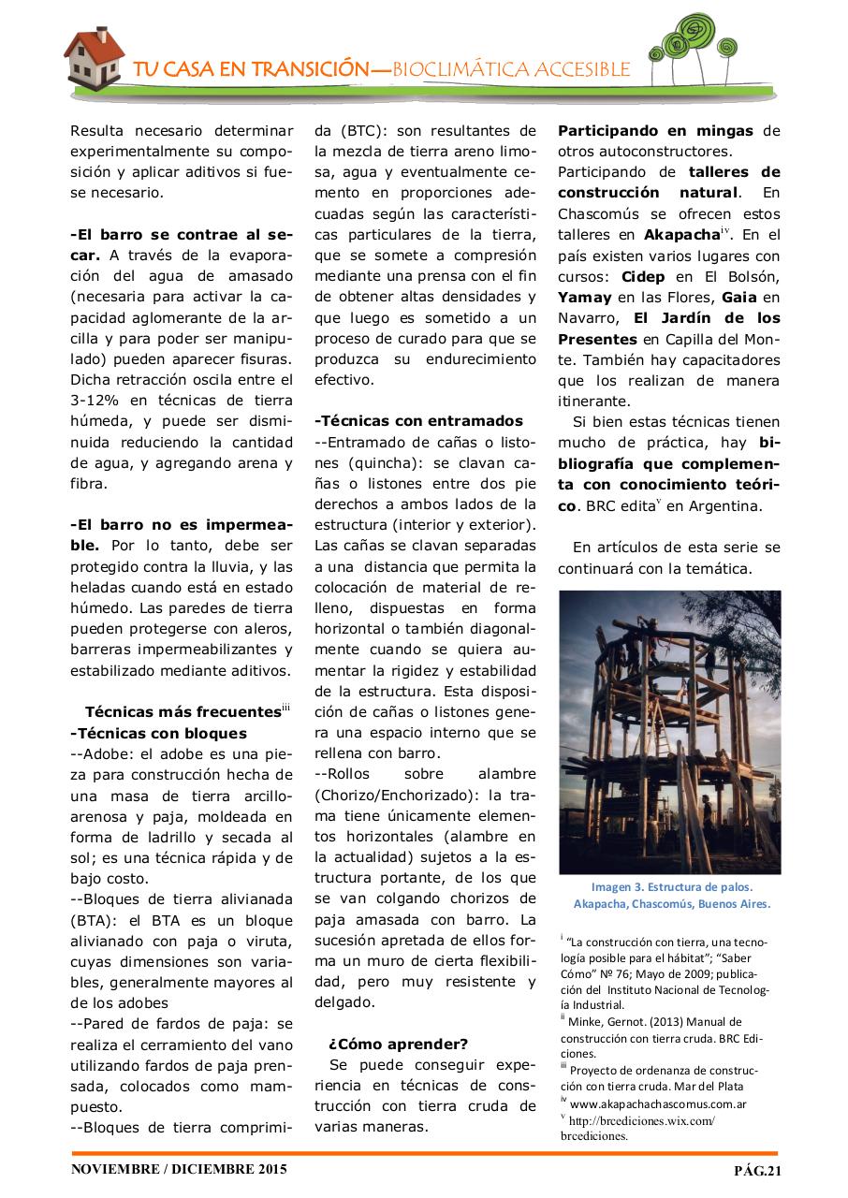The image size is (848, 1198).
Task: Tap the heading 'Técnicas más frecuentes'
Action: tap(182, 711)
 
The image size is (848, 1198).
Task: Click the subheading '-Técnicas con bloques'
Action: tap(158, 733)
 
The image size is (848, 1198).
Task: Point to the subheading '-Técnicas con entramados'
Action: tap(418, 421)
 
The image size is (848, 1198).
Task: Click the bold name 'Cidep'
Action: tap(643, 276)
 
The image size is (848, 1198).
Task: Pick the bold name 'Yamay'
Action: tap(585, 297)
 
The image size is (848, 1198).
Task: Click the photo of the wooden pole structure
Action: tap(669, 732)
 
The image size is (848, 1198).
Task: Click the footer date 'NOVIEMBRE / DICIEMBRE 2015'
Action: tap(180, 1169)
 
